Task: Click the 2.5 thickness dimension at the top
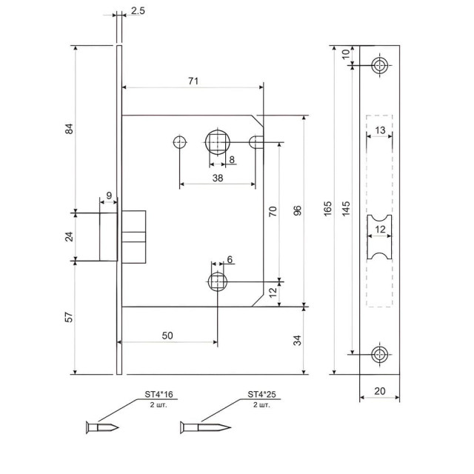point(138,11)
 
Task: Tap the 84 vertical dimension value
point(70,129)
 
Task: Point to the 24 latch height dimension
point(70,237)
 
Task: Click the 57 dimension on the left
point(70,318)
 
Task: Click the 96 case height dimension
point(298,210)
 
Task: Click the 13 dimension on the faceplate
point(379,130)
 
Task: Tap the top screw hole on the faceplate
point(380,65)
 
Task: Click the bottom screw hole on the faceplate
point(380,354)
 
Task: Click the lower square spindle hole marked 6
point(217,281)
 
